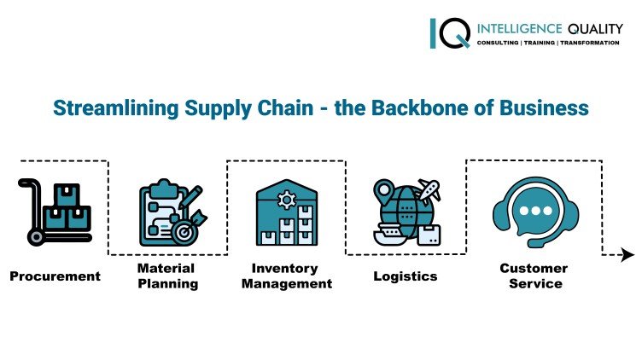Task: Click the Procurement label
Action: click(55, 276)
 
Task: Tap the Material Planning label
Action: click(168, 276)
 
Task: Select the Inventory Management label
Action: click(287, 276)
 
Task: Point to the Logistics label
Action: click(406, 276)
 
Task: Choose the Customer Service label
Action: click(534, 276)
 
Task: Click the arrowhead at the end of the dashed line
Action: click(627, 254)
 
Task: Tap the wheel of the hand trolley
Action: click(36, 237)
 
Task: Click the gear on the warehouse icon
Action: click(287, 200)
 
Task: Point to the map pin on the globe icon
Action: click(383, 189)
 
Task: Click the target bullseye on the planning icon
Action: click(184, 232)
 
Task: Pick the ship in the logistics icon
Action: click(390, 235)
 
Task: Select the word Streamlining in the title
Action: click(116, 109)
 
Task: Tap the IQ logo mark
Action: click(450, 33)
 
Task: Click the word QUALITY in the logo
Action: click(595, 29)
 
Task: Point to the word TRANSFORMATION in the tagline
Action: click(590, 43)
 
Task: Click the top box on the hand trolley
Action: click(67, 195)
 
